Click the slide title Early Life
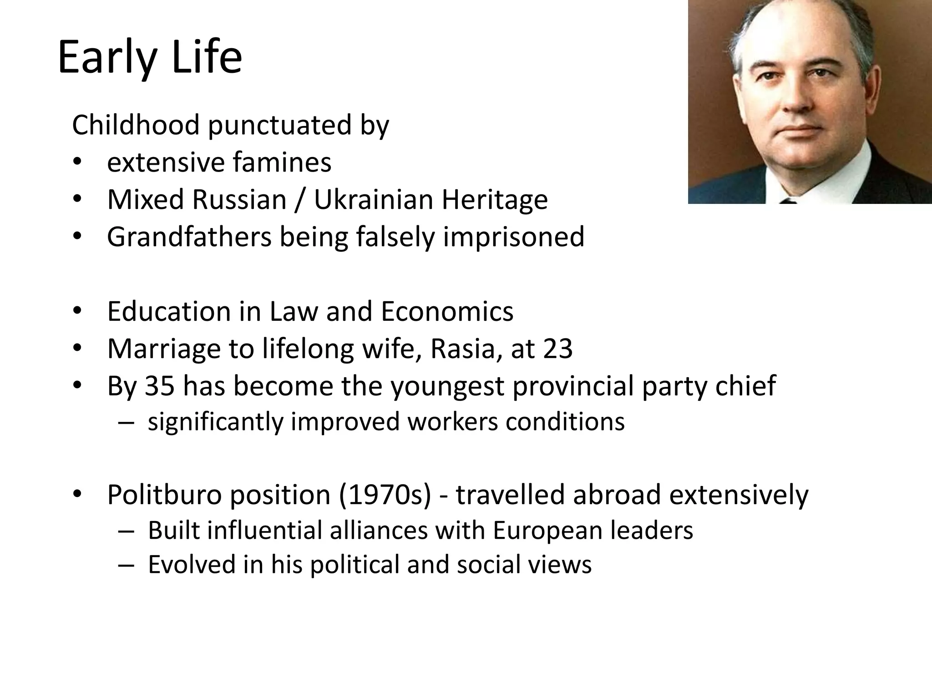150,58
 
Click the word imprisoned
513,237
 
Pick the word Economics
447,312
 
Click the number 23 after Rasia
558,349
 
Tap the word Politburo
164,495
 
